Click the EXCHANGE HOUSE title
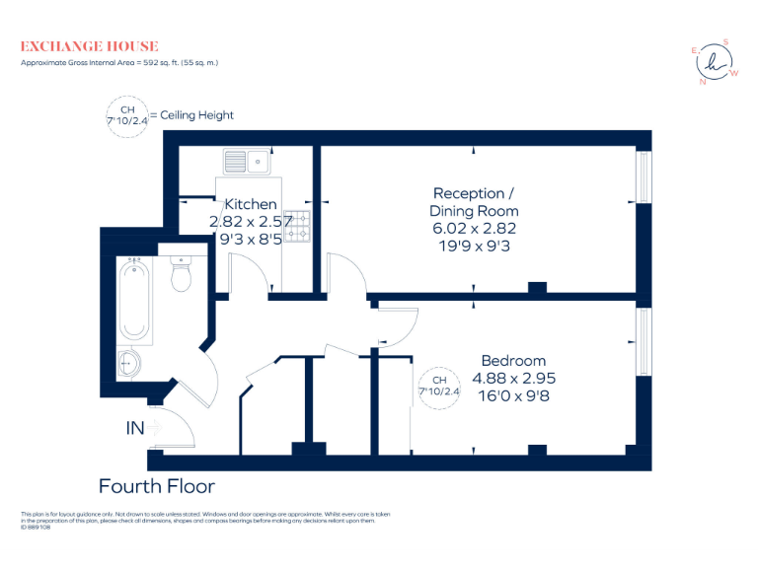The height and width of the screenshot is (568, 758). coord(89,46)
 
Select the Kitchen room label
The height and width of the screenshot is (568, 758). coord(251,204)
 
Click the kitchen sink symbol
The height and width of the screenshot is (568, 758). coord(248,161)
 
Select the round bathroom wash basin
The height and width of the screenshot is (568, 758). coord(131,364)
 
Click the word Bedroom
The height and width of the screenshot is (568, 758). coord(513,360)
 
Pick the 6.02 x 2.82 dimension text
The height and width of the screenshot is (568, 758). coord(474,228)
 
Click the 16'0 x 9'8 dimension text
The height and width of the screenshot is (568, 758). coord(513,395)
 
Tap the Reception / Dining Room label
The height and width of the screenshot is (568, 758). coord(474,202)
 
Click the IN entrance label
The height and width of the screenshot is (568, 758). coord(136,429)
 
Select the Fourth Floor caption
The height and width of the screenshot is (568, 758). coord(156,486)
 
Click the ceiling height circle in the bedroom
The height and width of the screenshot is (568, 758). coord(440,386)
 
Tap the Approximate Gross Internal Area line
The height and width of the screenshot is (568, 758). coord(119,63)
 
